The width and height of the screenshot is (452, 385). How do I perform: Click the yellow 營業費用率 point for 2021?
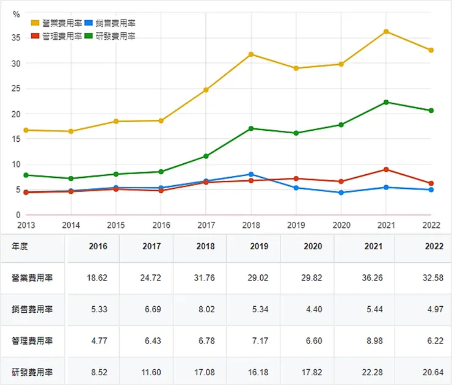[x=386, y=31]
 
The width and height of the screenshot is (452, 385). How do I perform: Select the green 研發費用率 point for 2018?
[x=251, y=128]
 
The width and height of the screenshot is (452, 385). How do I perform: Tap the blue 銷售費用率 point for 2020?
[x=341, y=193]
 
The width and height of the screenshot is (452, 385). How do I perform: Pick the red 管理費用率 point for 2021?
[x=386, y=169]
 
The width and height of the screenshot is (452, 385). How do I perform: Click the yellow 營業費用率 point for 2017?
[x=206, y=90]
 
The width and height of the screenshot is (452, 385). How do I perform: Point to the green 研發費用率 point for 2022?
[x=431, y=111]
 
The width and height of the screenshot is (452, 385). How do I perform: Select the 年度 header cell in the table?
[x=20, y=247]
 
